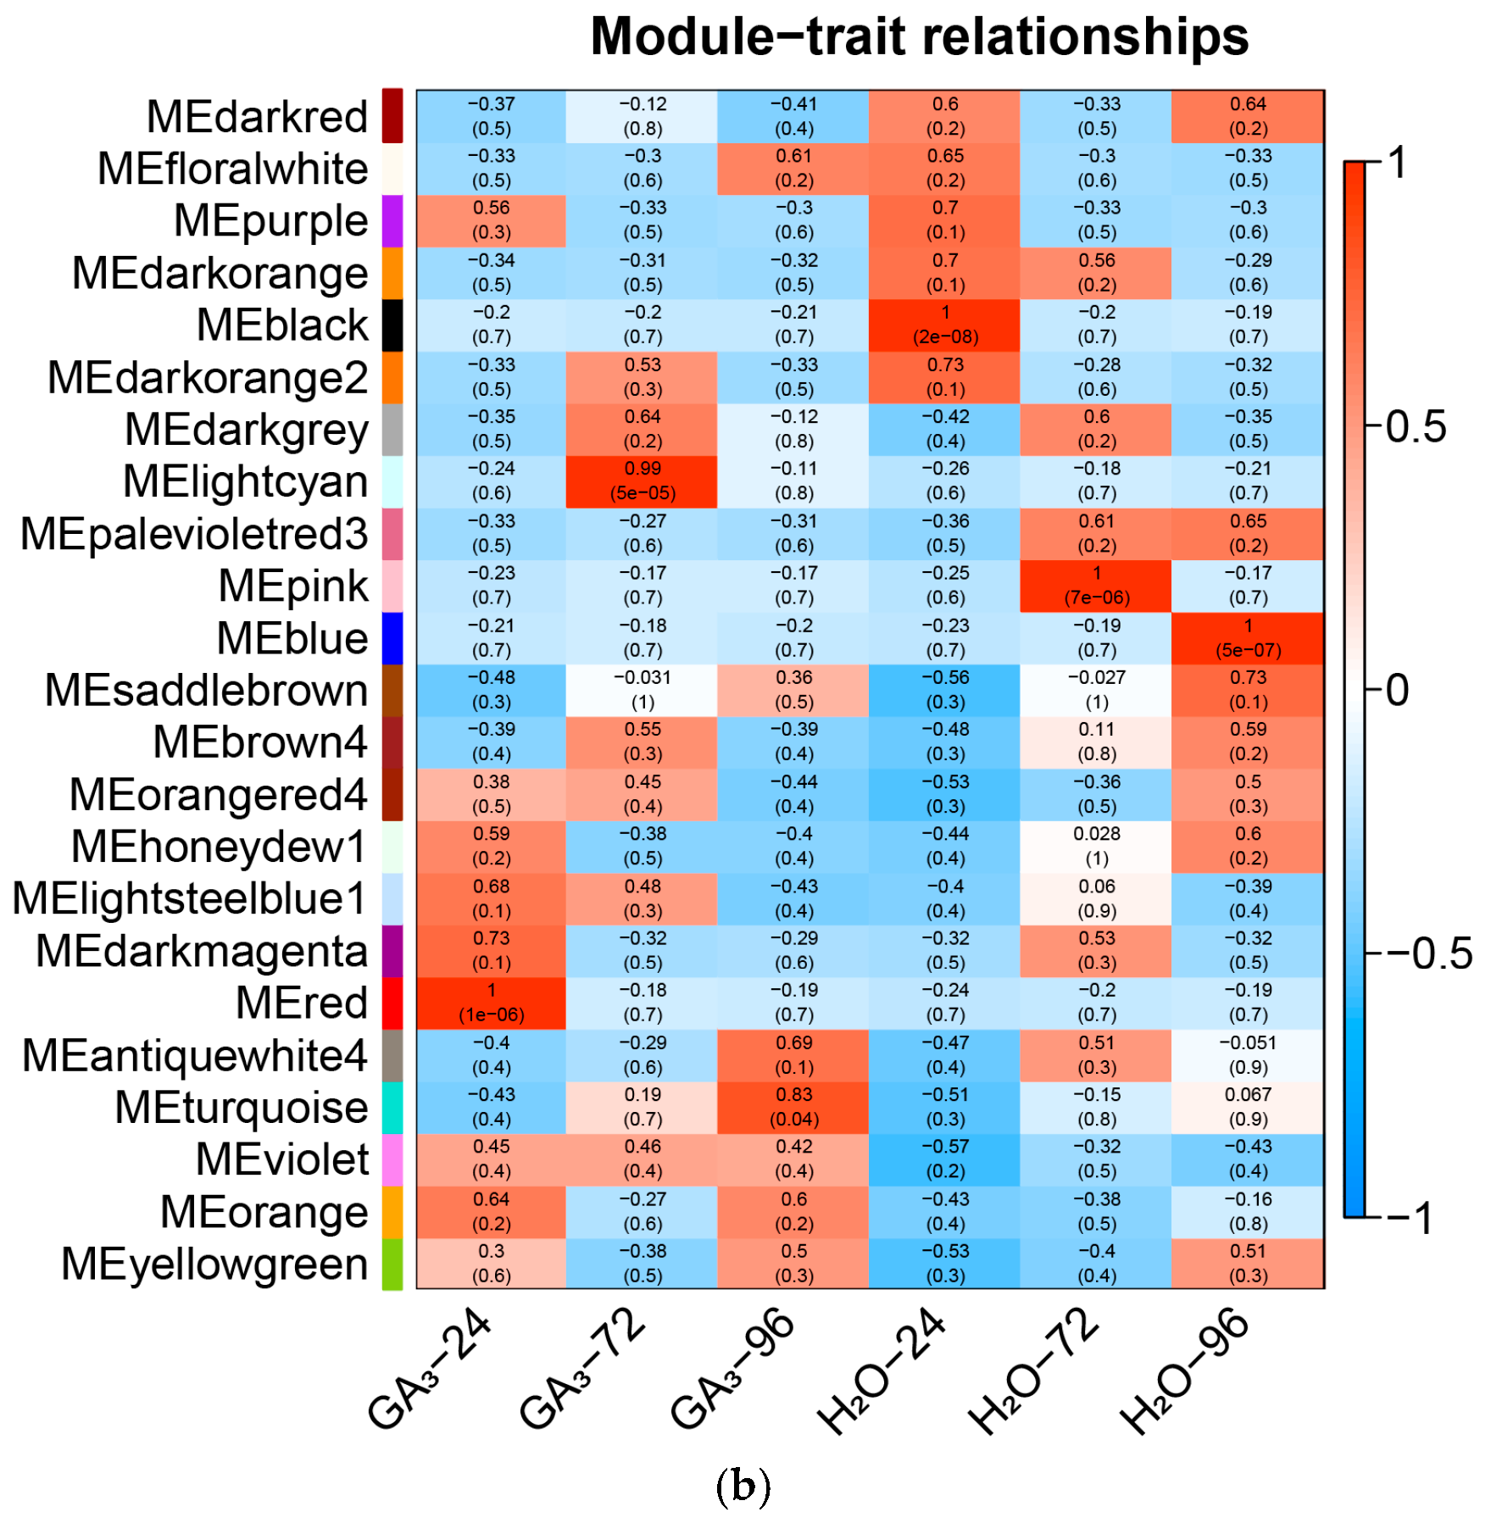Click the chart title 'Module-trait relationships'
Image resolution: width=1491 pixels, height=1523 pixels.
[919, 37]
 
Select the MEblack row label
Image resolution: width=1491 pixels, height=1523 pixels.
[282, 325]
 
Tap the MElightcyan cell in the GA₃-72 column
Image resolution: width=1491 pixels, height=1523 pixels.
[643, 481]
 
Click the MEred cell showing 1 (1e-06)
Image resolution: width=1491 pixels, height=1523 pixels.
[491, 1003]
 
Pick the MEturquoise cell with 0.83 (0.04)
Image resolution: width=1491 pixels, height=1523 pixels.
[793, 1107]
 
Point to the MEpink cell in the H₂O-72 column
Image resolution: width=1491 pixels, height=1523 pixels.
[1096, 586]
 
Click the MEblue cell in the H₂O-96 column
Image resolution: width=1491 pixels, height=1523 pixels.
[1248, 638]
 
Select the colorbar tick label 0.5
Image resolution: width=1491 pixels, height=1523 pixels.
[1416, 427]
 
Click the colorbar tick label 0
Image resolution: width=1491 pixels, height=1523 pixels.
[1398, 691]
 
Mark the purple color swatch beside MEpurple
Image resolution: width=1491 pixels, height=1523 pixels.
[392, 221]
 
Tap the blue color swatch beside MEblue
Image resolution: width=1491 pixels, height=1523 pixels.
[392, 638]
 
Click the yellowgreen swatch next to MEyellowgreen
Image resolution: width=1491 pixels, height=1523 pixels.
[392, 1264]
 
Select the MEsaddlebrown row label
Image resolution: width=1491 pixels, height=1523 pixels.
[206, 691]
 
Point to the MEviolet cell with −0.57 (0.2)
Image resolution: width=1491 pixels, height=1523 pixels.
[945, 1159]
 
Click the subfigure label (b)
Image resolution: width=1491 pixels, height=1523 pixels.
[743, 1487]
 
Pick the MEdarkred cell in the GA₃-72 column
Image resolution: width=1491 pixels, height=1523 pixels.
[643, 116]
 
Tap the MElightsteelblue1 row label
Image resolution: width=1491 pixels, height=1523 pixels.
[189, 899]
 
